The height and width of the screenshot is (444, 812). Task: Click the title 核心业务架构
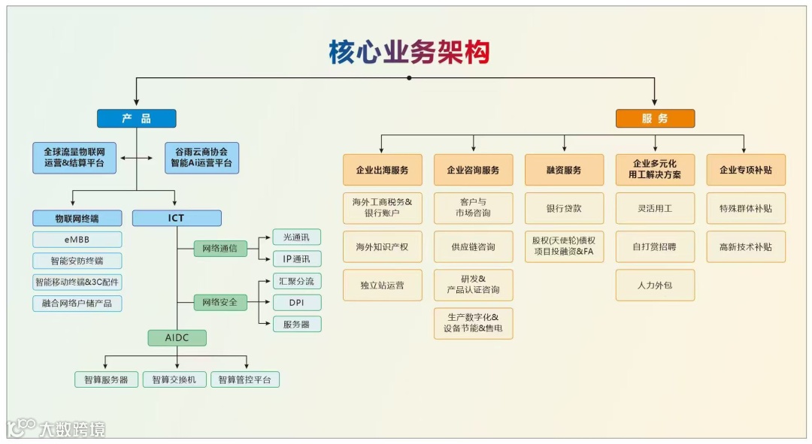409,52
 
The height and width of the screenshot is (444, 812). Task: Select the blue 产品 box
136,119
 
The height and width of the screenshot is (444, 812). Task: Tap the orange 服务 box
655,119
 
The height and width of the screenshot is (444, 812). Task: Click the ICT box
177,219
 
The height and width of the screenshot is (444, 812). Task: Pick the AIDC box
177,338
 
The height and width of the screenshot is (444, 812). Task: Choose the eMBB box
77,240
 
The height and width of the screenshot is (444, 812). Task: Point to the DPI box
296,303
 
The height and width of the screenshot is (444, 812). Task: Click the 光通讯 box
296,237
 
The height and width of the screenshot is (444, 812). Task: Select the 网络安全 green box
220,303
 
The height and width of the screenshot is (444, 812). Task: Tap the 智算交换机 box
174,380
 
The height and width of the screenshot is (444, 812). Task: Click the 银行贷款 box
564,208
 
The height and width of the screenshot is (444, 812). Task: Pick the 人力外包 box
655,285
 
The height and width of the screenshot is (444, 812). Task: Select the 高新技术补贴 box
746,246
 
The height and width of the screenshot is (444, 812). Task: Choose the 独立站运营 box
382,285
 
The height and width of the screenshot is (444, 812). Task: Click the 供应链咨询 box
473,246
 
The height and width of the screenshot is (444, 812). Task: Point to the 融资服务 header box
564,171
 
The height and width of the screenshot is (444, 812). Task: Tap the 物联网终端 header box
77,219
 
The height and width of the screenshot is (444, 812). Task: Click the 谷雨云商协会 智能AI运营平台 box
201,158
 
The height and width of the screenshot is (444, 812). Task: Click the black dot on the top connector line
409,77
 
